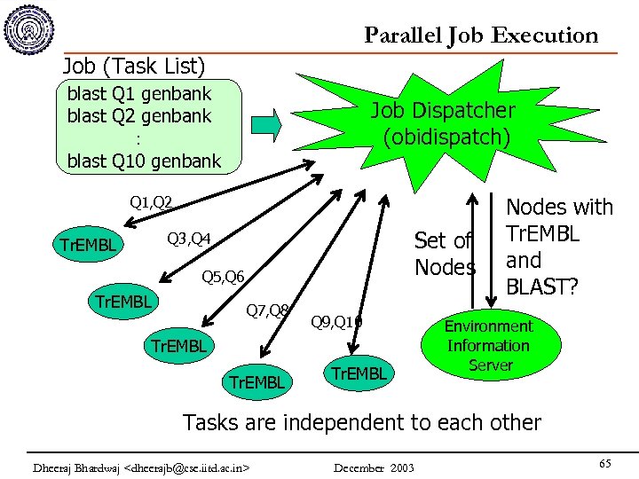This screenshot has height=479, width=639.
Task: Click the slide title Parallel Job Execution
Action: tap(481, 35)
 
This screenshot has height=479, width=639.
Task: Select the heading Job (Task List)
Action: tap(134, 66)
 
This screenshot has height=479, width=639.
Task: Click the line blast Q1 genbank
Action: tap(139, 93)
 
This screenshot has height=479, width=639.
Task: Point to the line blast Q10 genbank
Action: tap(144, 161)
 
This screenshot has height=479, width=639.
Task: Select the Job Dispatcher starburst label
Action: tap(442, 111)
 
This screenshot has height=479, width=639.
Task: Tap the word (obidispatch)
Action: tap(446, 137)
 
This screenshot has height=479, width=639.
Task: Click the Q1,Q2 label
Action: tap(151, 202)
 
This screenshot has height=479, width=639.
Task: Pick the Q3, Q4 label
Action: tap(189, 239)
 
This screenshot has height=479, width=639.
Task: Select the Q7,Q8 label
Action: tap(267, 310)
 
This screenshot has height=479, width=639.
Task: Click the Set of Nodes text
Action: tap(445, 254)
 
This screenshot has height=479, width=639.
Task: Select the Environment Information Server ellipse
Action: tap(488, 346)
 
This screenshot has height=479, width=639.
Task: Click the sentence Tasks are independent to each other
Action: tap(361, 421)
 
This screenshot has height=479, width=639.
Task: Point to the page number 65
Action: tap(605, 464)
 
